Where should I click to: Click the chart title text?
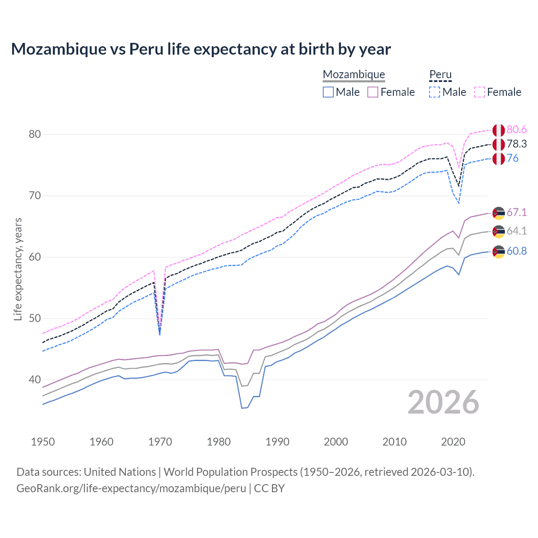tap(201, 49)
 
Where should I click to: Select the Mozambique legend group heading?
tap(353, 74)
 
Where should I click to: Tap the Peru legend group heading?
tap(440, 74)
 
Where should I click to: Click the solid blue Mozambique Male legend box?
tap(328, 92)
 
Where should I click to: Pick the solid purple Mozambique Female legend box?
tap(373, 92)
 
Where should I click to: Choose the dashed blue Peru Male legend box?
tap(435, 92)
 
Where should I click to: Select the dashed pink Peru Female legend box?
tap(480, 92)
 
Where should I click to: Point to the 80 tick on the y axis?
tap(34, 134)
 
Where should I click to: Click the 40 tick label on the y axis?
tap(34, 380)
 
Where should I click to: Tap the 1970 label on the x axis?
tap(160, 442)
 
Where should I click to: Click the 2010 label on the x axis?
tap(394, 442)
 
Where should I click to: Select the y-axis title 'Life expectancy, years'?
tap(18, 269)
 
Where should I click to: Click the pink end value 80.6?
tap(517, 129)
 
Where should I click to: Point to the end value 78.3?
tap(517, 144)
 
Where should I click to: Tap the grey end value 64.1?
tap(517, 231)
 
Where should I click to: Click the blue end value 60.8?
tap(517, 251)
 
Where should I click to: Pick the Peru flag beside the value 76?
tap(498, 159)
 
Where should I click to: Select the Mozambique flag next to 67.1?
tap(498, 213)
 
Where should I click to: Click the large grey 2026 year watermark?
tap(443, 402)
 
